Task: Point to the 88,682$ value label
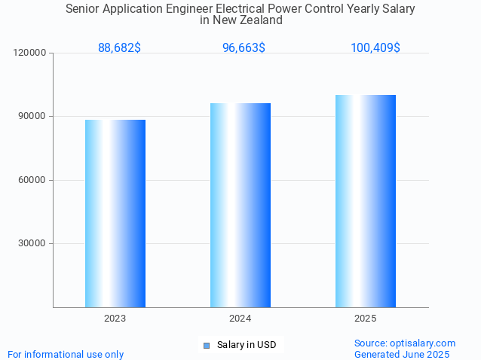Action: [x=119, y=48]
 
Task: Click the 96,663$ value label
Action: [x=244, y=48]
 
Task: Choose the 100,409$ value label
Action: [x=375, y=48]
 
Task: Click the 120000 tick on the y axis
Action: [x=30, y=53]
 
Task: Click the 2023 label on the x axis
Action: [x=115, y=319]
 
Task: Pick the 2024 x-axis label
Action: [x=240, y=319]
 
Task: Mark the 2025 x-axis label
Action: [x=366, y=319]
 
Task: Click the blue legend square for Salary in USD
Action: [x=206, y=346]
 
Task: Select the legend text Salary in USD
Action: [x=247, y=345]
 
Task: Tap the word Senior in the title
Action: [x=84, y=9]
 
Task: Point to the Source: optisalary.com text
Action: [x=405, y=343]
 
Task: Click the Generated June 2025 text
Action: [x=402, y=354]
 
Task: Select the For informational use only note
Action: [x=66, y=354]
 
